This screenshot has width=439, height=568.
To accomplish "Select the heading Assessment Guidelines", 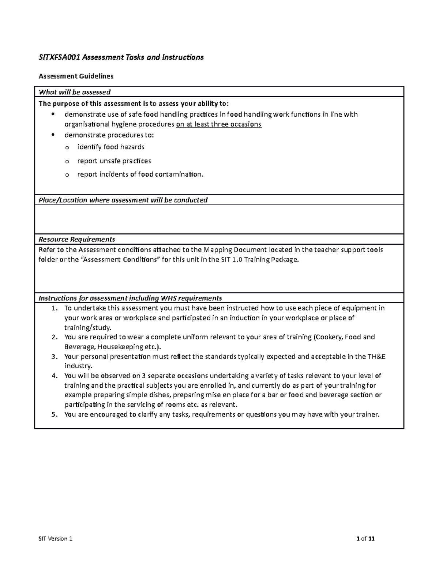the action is point(76,76).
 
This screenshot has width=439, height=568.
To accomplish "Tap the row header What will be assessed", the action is point(75,92).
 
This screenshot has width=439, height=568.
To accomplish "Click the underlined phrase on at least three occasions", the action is point(219,124).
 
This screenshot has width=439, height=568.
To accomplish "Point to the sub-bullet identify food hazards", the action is point(111,147).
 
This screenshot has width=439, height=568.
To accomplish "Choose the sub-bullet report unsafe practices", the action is point(114,161).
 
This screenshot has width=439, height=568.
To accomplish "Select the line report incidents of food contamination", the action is point(140,174).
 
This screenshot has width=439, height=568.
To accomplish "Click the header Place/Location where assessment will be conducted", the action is point(123,200).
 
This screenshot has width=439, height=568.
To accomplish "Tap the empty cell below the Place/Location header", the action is point(219,219).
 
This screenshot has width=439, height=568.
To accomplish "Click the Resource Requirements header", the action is point(77,240).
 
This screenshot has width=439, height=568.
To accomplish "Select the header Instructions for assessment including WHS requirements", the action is point(130,298).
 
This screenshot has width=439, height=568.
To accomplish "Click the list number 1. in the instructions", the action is point(55,308).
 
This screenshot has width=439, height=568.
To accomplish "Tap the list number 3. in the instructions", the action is point(55,357).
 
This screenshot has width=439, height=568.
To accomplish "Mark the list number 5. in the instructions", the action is point(55,415).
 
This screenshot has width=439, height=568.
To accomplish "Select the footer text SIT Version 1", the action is point(56,539).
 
